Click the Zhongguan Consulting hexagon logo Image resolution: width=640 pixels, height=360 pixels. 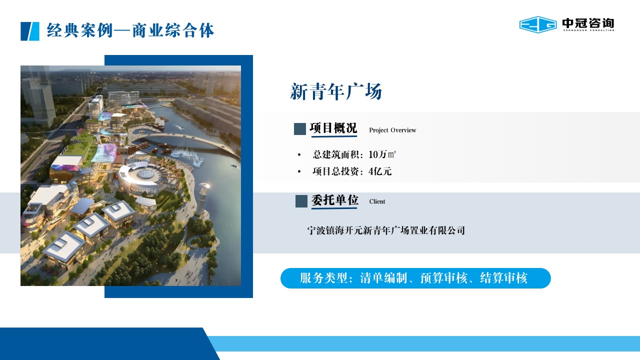537,24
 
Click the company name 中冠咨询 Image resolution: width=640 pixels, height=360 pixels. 588,23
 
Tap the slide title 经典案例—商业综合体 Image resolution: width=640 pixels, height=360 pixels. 130,30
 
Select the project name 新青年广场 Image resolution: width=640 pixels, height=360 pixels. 336,91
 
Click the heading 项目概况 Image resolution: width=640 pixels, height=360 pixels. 333,128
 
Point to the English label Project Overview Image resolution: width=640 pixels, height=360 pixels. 392,130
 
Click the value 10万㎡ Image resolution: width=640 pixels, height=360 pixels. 382,154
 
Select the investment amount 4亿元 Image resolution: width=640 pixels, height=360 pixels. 380,171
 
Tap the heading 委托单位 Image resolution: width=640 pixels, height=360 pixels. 334,200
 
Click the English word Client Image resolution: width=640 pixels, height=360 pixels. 377,201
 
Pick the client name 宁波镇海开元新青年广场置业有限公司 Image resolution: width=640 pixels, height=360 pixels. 386,230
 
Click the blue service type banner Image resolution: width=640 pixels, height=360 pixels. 415,278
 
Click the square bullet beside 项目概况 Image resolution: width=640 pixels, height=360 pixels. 300,129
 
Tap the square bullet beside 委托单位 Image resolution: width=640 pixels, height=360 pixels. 301,201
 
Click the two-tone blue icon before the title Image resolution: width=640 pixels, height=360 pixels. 30,31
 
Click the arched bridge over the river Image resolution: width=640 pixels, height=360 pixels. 188,141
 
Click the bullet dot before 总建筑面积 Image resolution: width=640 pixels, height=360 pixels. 299,155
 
